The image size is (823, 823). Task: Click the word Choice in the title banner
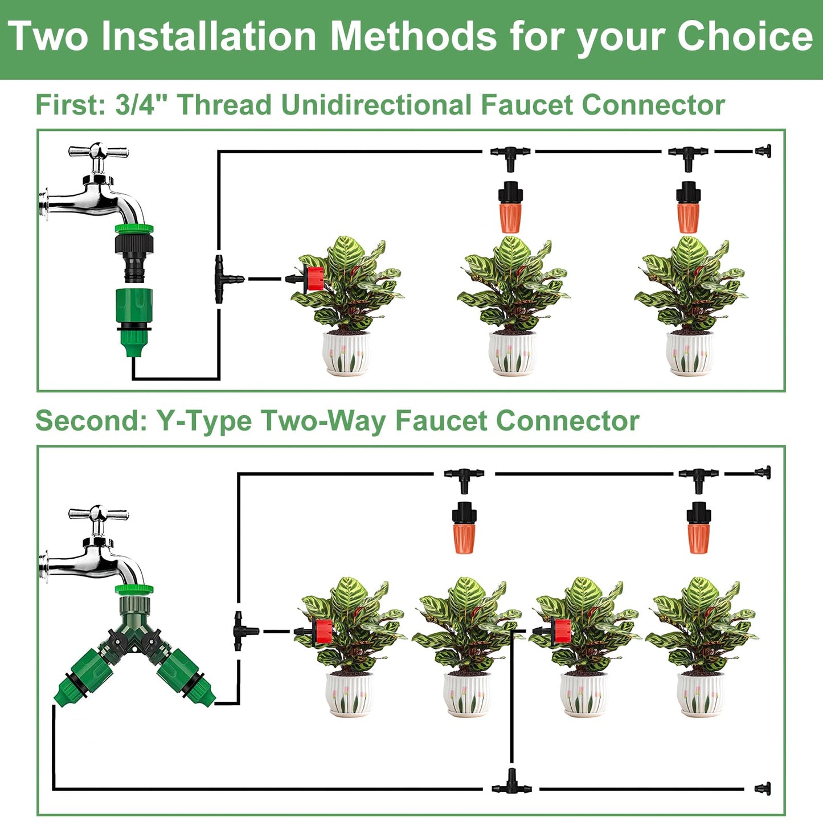(744, 37)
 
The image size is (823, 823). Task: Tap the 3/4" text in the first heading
(135, 105)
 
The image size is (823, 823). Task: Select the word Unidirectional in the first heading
(376, 105)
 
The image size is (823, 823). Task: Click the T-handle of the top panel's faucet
(98, 152)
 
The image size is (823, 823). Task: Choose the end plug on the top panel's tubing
(763, 152)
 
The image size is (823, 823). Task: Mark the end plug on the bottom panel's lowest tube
(763, 789)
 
